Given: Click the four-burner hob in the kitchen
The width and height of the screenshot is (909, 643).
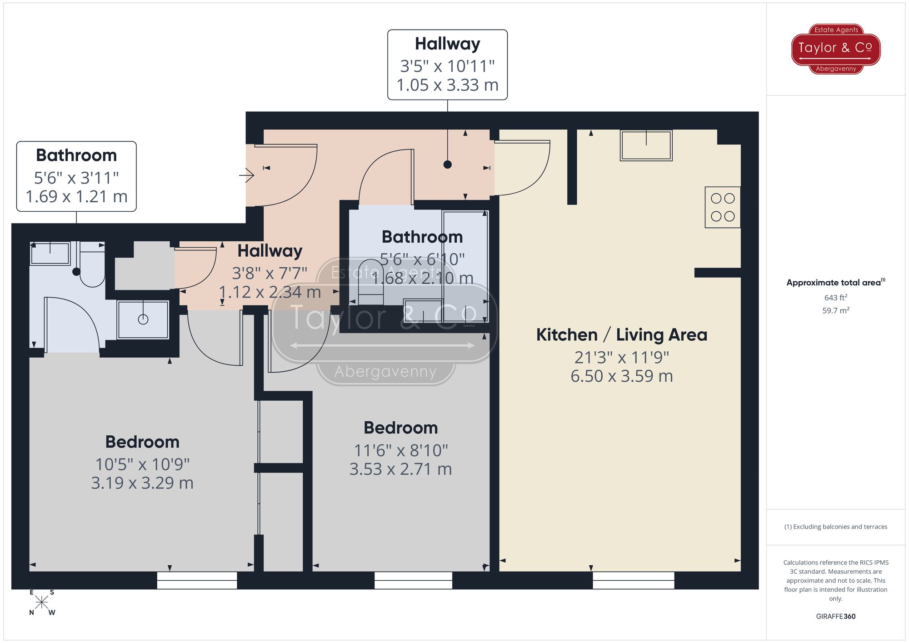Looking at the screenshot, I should tap(722, 207).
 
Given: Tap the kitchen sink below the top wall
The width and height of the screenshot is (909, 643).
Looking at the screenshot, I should tap(646, 145).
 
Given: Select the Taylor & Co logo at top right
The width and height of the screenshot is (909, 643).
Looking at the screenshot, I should tap(836, 49).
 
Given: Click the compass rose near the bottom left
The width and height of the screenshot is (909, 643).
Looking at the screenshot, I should tap(41, 603).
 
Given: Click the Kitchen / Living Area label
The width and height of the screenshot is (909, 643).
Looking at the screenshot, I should tap(621, 335).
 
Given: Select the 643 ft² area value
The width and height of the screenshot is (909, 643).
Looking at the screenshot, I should tap(835, 298).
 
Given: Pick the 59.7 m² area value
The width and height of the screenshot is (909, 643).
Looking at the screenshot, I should tap(835, 310).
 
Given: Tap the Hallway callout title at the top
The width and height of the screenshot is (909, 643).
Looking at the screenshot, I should tap(447, 44).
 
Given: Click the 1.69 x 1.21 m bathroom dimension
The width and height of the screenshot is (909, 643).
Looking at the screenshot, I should tap(76, 197).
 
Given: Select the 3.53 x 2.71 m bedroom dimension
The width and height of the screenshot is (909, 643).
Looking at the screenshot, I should tap(400, 469).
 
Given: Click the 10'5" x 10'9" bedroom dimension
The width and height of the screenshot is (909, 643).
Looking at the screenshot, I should tap(142, 464).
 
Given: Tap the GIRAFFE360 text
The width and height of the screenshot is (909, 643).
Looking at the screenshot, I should tap(835, 616).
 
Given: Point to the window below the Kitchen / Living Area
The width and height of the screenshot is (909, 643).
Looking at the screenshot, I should tap(633, 580).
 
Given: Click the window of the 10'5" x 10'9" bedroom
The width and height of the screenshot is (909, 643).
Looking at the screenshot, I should tap(197, 580).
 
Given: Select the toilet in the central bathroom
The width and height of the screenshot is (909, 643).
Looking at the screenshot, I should tap(370, 282).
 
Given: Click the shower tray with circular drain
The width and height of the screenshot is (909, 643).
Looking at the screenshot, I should tap(143, 319).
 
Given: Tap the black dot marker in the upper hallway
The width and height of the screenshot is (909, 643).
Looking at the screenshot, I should tap(447, 164).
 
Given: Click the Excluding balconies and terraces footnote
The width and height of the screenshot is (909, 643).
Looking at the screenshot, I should tap(835, 527).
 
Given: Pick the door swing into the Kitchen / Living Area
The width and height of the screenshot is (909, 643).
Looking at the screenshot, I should tap(523, 168).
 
